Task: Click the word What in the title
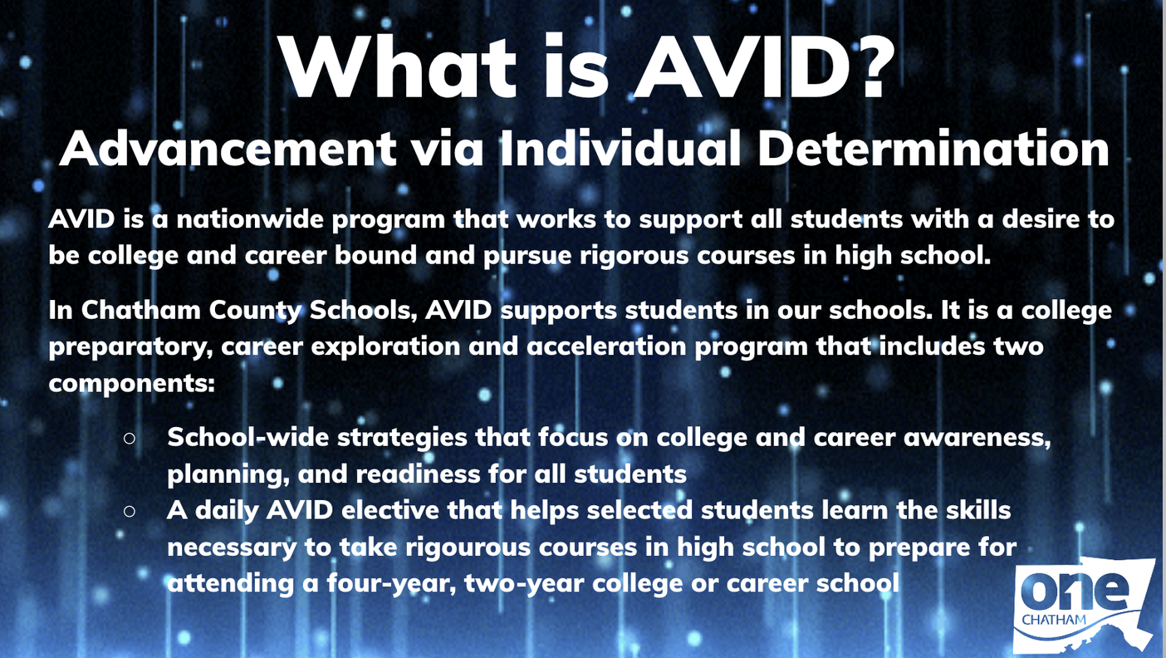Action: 398,66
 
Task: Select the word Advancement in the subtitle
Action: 228,150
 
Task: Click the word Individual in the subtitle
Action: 620,148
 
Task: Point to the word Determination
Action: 933,149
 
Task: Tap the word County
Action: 255,311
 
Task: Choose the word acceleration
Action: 606,346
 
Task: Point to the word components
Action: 132,384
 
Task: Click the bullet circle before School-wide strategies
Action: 130,439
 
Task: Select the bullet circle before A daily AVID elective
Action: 130,511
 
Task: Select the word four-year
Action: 392,583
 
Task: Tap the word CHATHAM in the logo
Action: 1054,620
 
